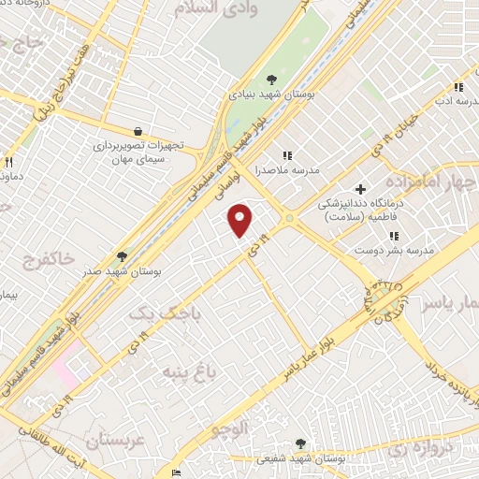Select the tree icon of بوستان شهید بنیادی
[x=271, y=80]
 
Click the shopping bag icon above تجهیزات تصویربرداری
[x=138, y=132]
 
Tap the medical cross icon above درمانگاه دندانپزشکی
[x=360, y=189]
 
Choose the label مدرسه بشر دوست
[x=385, y=251]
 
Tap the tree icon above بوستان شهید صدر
[x=121, y=255]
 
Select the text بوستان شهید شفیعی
[x=299, y=458]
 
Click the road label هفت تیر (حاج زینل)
[x=66, y=85]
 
